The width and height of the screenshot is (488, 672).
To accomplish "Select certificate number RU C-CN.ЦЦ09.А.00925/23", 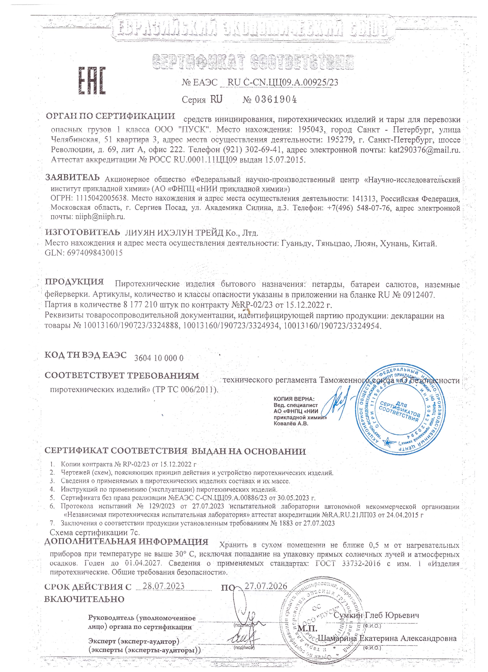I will coord(283,82).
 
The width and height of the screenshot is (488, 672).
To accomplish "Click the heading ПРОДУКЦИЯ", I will coord(74,281).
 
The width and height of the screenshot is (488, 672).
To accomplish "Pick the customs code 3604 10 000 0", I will coord(159,358).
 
